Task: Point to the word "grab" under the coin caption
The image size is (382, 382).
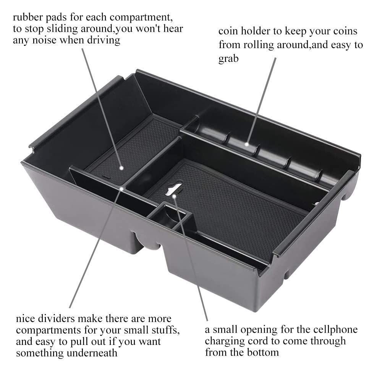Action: coord(228,59)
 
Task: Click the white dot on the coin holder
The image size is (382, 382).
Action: coord(246,144)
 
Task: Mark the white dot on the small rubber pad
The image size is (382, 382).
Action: coord(121,168)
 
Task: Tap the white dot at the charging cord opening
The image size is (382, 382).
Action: coord(174,196)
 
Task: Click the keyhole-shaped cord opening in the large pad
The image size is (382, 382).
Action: coord(173,189)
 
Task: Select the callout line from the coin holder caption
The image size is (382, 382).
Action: coord(261,101)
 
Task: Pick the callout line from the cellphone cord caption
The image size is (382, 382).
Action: coord(191,258)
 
